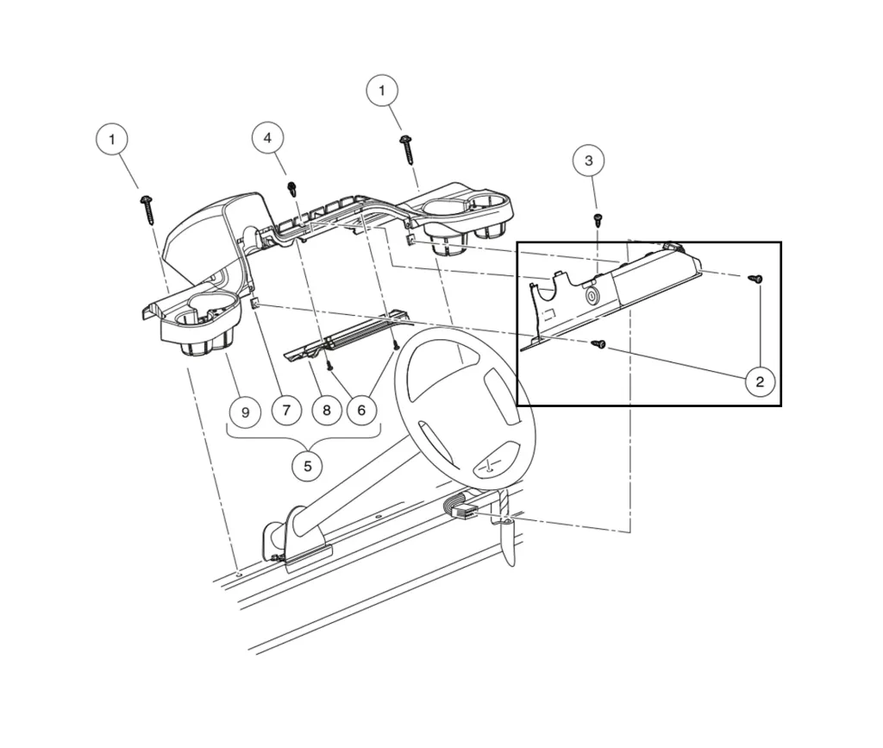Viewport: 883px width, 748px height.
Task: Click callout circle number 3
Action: [x=588, y=160]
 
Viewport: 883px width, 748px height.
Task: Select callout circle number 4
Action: [x=267, y=137]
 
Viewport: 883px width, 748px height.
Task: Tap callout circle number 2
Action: [x=760, y=380]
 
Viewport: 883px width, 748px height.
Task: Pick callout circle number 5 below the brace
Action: [x=307, y=467]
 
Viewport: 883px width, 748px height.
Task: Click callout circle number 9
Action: [x=246, y=412]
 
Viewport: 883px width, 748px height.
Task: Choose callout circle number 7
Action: [x=286, y=410]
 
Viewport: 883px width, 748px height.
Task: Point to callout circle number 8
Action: [x=326, y=410]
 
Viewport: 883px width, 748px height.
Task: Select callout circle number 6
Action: [x=361, y=410]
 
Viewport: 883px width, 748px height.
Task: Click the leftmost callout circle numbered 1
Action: [x=111, y=138]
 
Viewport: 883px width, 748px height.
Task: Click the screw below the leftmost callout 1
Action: [x=147, y=207]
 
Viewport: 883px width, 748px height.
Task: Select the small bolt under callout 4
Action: [x=292, y=187]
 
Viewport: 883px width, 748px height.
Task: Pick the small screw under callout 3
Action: [x=597, y=219]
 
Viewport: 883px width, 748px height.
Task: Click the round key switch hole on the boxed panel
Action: [x=593, y=297]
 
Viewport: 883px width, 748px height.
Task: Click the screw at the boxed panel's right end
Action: [x=755, y=278]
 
